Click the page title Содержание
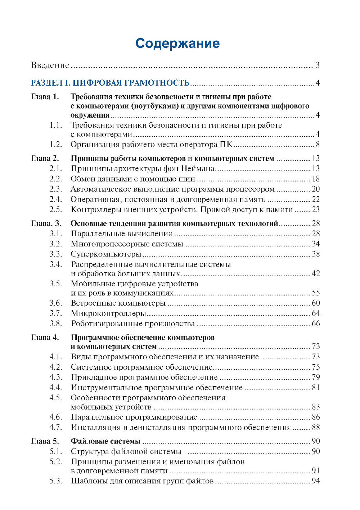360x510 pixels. coord(177,44)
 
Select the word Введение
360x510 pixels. coord(50,65)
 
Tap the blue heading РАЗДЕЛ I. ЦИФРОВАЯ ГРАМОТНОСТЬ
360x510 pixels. coord(110,83)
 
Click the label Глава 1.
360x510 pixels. coord(45,97)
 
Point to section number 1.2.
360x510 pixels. coord(56,145)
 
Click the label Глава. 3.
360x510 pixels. coord(46,223)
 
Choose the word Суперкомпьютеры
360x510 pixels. coord(106,254)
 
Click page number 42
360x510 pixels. coord(316,274)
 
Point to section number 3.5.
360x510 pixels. coord(56,283)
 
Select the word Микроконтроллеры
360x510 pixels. coord(108,313)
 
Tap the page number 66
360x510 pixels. coord(316,323)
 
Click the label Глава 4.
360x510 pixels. coord(45,337)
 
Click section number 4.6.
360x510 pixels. coord(56,417)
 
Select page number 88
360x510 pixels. coord(316,427)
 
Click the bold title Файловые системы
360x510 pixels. coord(105,441)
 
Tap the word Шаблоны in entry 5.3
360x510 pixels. coord(86,481)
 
